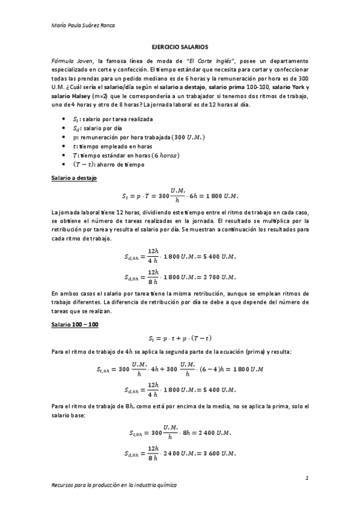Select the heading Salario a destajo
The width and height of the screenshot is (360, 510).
click(x=74, y=179)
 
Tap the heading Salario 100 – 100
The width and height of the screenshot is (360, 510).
click(x=75, y=324)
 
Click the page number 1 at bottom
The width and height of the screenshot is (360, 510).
click(x=306, y=478)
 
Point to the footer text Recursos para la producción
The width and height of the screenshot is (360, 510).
click(x=114, y=484)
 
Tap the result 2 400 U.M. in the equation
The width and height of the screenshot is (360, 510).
click(x=213, y=432)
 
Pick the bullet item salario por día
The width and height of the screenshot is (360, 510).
click(x=97, y=128)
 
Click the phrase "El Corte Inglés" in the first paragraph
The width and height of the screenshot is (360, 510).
click(x=208, y=61)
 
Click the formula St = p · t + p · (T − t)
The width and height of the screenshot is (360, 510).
click(x=180, y=338)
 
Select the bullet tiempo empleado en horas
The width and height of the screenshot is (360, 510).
click(x=108, y=146)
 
